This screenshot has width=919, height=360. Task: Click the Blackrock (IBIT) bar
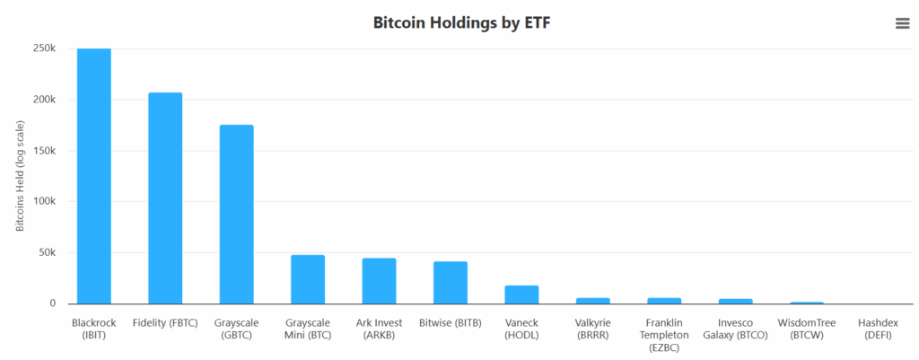click(94, 176)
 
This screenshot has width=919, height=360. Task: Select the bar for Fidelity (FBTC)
click(165, 198)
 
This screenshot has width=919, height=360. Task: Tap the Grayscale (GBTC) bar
click(236, 214)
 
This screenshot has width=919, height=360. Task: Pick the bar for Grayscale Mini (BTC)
click(308, 279)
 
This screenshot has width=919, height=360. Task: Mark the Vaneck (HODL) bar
click(521, 294)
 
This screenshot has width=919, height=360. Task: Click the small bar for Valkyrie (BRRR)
click(592, 301)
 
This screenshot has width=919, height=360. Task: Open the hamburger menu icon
click(903, 23)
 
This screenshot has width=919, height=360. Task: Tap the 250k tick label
click(45, 48)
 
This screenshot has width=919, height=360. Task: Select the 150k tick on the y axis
click(45, 151)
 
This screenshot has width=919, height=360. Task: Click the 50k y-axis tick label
click(48, 252)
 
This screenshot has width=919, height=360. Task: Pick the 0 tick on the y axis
click(53, 303)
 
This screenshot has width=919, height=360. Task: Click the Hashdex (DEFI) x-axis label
click(878, 329)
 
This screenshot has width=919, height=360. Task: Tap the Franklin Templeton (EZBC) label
click(664, 335)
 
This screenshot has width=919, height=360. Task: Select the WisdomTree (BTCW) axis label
click(807, 329)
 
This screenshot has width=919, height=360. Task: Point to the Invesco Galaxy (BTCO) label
click(735, 329)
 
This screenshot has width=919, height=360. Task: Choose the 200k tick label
click(45, 100)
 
